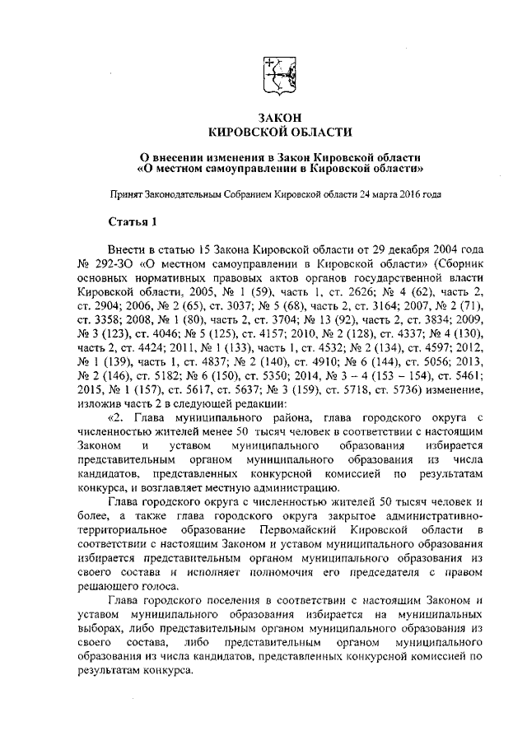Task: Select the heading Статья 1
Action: tap(133, 222)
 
